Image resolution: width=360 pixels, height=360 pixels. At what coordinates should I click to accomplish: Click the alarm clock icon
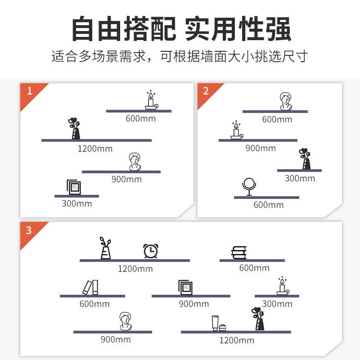pos(150,251)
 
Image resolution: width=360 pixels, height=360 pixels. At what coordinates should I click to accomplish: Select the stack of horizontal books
pos(238,253)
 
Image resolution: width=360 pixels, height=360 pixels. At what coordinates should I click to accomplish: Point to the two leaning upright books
pos(90,287)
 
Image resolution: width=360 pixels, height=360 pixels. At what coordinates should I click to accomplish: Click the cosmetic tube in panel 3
pos(215,323)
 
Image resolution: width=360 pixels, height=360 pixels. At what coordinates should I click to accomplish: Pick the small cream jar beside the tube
pos(223,327)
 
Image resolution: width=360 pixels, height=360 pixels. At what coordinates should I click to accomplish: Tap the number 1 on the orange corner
pos(30,91)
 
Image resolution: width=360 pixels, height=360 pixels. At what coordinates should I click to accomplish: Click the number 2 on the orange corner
pos(206,91)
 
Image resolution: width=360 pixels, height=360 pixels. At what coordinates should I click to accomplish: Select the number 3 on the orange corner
pos(29,230)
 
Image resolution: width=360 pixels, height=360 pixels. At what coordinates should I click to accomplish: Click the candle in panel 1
pos(151,100)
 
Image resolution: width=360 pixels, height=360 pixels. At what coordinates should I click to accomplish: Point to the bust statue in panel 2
pos(284,101)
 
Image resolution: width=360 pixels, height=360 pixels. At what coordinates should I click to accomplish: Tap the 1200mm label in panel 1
pos(95,148)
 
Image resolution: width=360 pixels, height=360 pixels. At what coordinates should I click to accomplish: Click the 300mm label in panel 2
pos(300,178)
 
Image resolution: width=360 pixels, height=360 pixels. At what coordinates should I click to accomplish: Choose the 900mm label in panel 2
pos(261,148)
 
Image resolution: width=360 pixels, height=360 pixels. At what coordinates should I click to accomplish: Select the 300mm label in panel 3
pos(277,304)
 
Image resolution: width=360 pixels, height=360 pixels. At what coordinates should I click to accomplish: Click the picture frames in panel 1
pos(74,187)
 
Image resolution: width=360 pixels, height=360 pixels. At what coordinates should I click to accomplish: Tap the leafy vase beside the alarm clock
pos(105,248)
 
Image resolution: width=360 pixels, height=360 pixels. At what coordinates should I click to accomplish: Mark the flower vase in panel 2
pos(306,159)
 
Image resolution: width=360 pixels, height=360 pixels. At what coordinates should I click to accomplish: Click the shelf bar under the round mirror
pos(266,197)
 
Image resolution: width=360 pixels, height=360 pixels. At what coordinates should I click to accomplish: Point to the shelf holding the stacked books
pos(252,260)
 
